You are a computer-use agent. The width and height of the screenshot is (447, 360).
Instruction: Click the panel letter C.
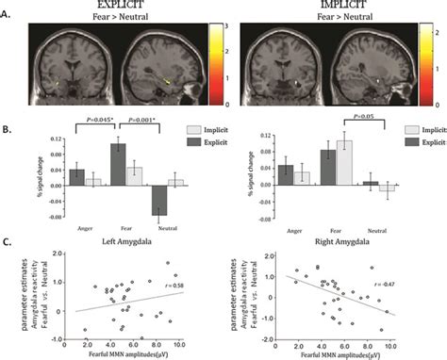point(8,241)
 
